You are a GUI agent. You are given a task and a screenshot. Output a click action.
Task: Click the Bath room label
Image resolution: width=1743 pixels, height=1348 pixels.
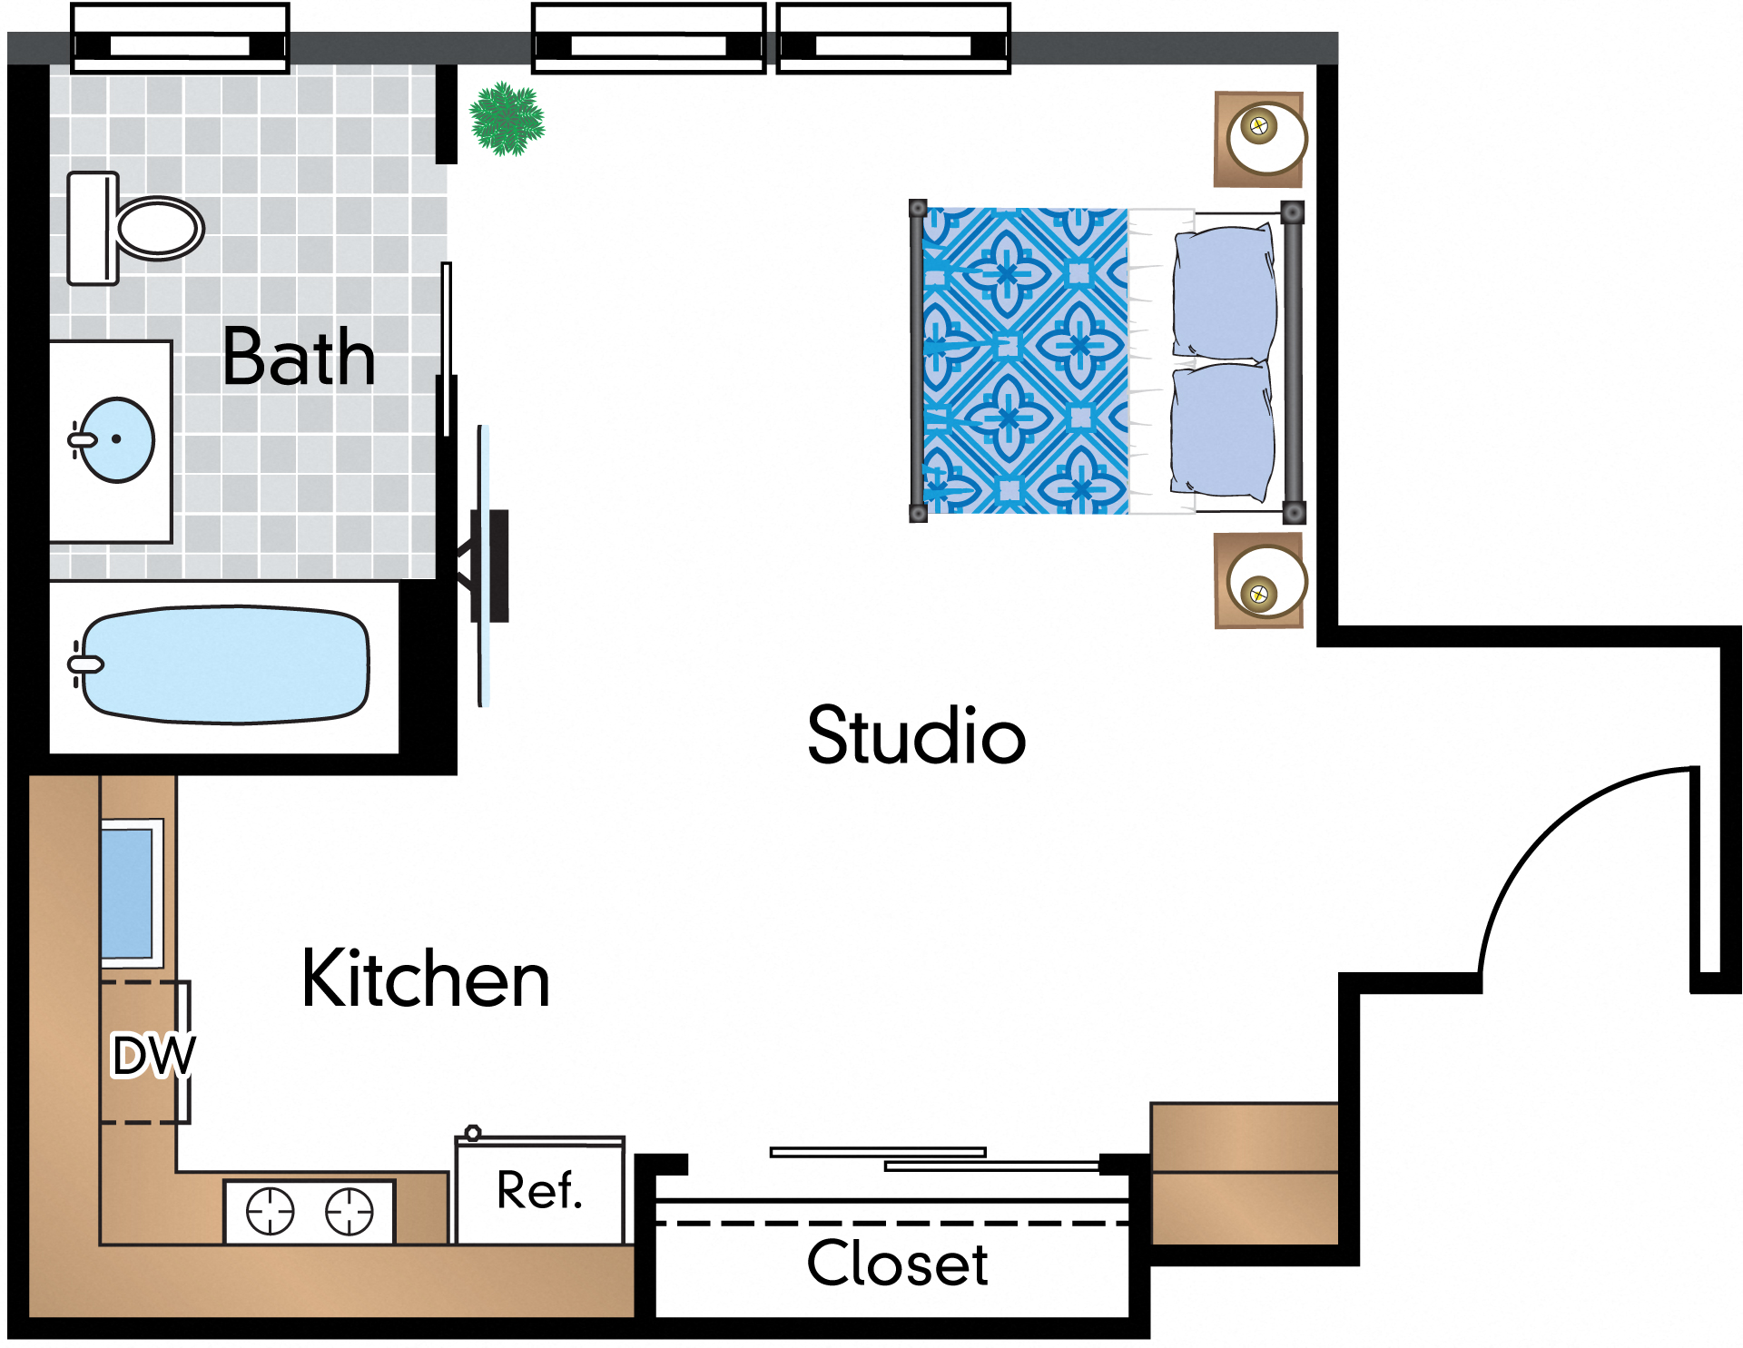[x=299, y=357]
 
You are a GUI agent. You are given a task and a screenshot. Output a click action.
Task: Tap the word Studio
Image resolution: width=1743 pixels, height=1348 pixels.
[x=916, y=735]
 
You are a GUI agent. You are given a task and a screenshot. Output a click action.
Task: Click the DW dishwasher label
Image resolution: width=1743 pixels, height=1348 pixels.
[x=153, y=1055]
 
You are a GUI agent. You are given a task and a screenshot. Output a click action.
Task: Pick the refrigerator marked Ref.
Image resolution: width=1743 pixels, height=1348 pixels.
[x=539, y=1191]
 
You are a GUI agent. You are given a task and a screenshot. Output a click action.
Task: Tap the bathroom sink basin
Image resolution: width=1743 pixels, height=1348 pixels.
[x=118, y=439]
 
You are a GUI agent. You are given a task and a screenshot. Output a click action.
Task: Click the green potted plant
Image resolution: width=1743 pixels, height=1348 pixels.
[x=507, y=118]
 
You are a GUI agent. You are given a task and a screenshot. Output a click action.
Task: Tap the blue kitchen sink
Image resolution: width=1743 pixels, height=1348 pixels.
[x=127, y=892]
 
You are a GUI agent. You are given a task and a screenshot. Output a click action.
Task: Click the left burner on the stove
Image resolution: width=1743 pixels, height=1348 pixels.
[x=271, y=1211]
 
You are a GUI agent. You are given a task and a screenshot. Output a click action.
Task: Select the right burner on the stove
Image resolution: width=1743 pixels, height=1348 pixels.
[x=350, y=1211]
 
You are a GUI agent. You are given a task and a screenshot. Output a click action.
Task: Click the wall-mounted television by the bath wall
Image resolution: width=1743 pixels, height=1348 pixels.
[x=491, y=566]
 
